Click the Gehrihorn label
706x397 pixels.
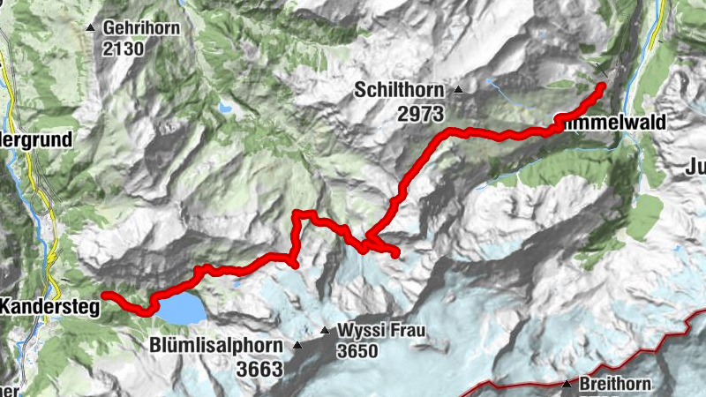tap(141, 28)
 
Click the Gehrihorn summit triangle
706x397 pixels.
tap(91, 28)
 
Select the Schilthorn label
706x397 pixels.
tap(401, 89)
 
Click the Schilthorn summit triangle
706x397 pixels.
tap(458, 89)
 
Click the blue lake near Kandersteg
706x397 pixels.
tap(180, 309)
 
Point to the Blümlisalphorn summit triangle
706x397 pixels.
tap(297, 346)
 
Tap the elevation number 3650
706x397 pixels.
tap(357, 351)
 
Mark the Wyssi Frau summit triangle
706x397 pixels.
tap(325, 332)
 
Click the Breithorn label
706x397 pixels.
tap(615, 384)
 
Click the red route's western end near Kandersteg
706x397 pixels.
tap(105, 295)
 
